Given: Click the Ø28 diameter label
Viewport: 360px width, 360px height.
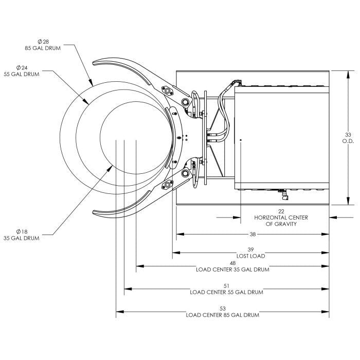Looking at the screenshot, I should click(x=43, y=41).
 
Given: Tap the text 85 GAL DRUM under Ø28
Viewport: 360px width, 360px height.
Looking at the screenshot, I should click(x=42, y=48).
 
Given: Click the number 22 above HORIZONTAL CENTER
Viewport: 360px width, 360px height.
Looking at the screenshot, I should click(x=281, y=211).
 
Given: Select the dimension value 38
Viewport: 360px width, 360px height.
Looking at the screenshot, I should click(x=253, y=234).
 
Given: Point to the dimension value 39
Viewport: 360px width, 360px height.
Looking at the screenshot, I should click(x=252, y=249).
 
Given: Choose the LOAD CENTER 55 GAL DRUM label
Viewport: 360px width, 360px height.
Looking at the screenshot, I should click(x=226, y=292).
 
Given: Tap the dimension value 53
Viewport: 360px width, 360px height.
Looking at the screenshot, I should click(x=222, y=309).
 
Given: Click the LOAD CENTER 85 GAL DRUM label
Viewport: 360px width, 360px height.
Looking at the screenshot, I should click(x=222, y=315).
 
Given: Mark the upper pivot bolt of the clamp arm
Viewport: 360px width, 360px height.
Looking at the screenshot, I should click(x=167, y=92).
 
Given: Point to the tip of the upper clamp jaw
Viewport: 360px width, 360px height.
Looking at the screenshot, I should click(x=95, y=64).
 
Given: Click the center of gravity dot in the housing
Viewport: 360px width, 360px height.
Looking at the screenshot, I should click(x=241, y=139).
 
